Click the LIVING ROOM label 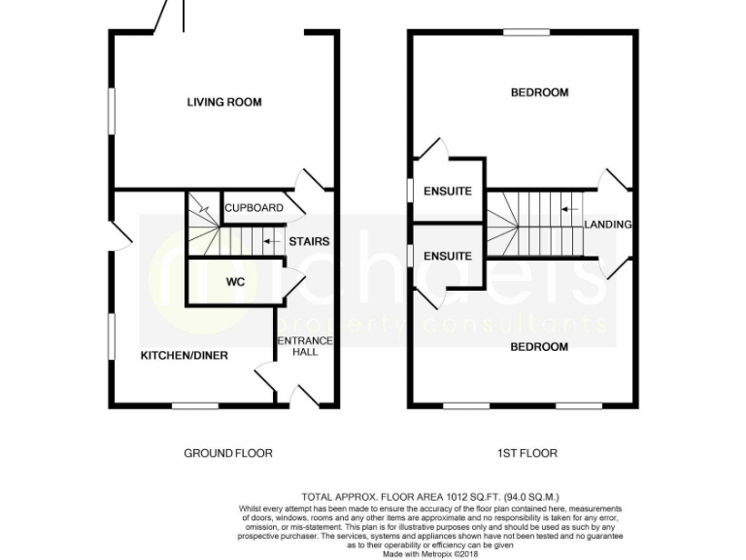[224, 102]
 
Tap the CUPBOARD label [254, 208]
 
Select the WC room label [236, 283]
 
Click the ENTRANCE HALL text [305, 346]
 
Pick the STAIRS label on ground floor [309, 242]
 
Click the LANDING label [608, 225]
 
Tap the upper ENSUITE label [448, 192]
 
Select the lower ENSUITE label [448, 257]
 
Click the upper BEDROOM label [539, 93]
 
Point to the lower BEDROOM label [539, 347]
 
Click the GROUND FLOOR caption [228, 453]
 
